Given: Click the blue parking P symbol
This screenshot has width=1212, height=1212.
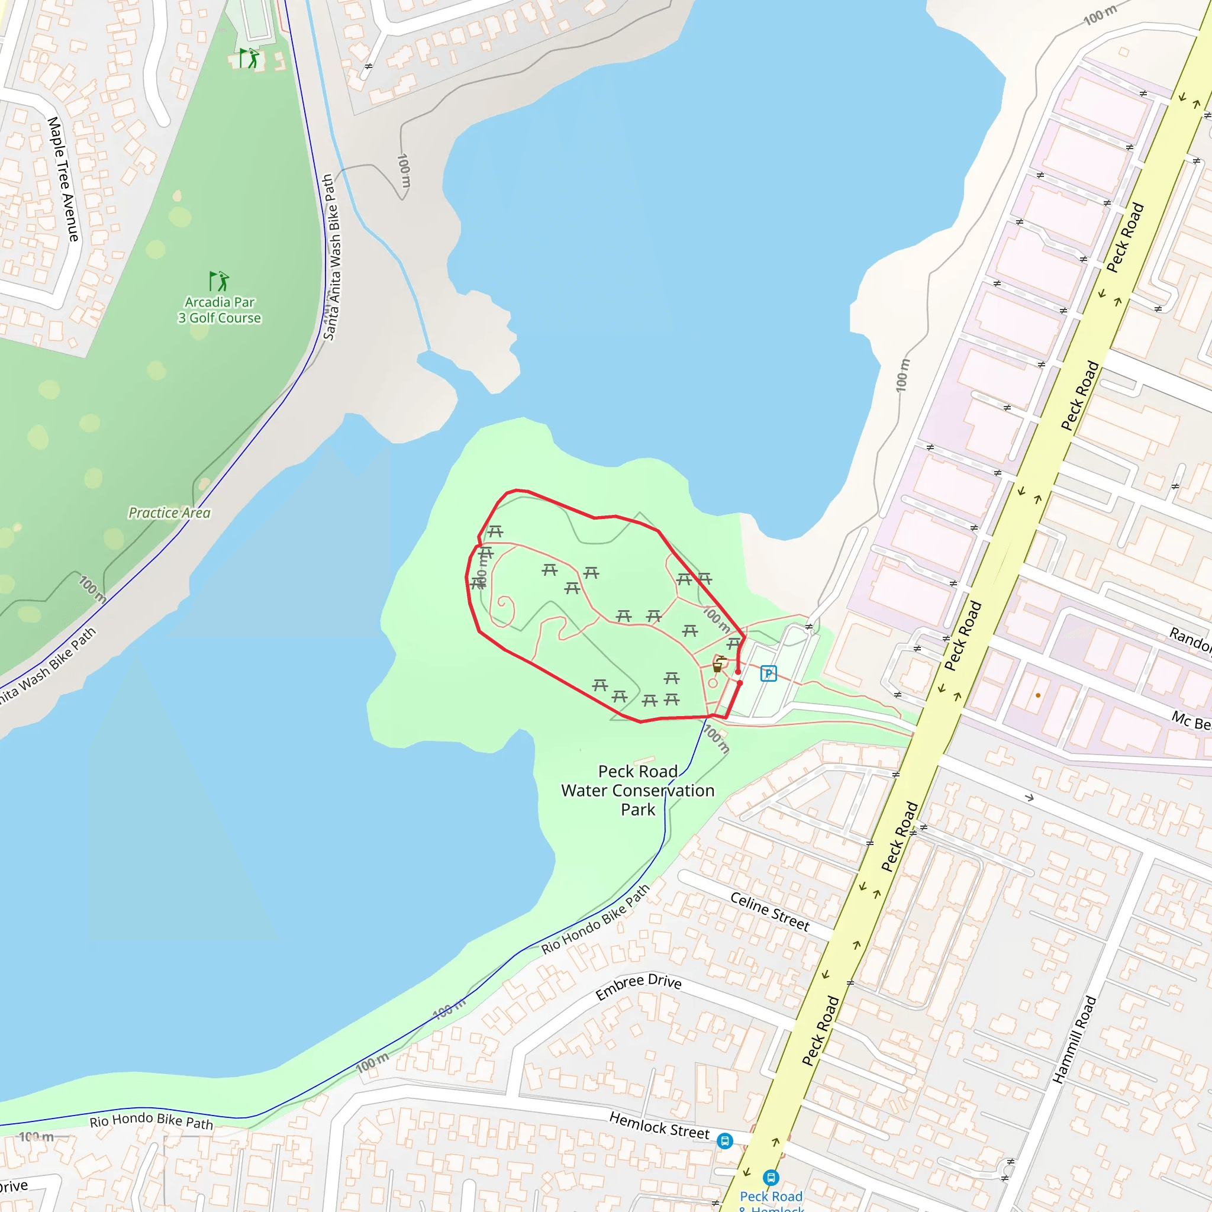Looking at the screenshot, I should coord(769,673).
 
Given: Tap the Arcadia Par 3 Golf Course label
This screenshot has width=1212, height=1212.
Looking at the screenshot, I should coord(220,310).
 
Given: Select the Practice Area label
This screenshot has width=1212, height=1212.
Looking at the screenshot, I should coord(169,513).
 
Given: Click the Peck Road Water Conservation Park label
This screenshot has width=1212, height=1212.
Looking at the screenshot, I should coord(638,791).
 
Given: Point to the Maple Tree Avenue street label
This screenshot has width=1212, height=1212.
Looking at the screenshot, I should coord(63,179).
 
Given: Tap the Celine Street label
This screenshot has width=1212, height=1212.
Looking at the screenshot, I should coord(770,911).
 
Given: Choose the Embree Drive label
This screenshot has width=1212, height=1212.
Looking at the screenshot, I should coord(638,987).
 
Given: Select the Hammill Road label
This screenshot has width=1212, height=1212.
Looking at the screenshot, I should coord(1074,1039).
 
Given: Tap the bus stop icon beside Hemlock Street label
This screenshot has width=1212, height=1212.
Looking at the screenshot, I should coord(724,1140).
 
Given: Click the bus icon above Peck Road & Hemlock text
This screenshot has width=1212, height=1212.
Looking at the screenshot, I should coord(771,1178).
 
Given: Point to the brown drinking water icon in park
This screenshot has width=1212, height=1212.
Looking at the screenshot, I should coord(718,667).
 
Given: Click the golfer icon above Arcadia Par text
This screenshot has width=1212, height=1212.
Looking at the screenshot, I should coord(219,281).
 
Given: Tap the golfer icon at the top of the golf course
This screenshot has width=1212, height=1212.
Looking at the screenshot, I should coord(250,58).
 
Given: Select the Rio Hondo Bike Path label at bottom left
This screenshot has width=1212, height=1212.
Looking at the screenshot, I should coord(151,1120).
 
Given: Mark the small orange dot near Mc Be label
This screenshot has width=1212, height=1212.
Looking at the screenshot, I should coord(1038,695).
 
